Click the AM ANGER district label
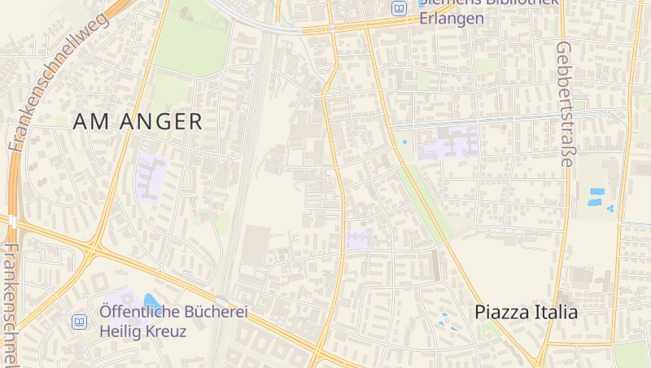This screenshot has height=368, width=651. point(138,122)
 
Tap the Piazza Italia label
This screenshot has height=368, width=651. point(526,312)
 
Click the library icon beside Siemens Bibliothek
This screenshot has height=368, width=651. point(399,9)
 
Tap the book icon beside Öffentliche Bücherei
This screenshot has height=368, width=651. point(80,322)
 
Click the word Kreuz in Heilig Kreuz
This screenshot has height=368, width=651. point(164,331)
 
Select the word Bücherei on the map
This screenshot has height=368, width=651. point(211,312)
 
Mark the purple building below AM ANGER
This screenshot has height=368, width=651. point(151,176)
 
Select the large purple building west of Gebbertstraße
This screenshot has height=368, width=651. point(447,143)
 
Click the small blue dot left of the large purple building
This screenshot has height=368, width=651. point(404,142)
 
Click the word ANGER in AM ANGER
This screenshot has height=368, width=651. point(160,122)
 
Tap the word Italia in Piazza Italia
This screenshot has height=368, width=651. point(553,312)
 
